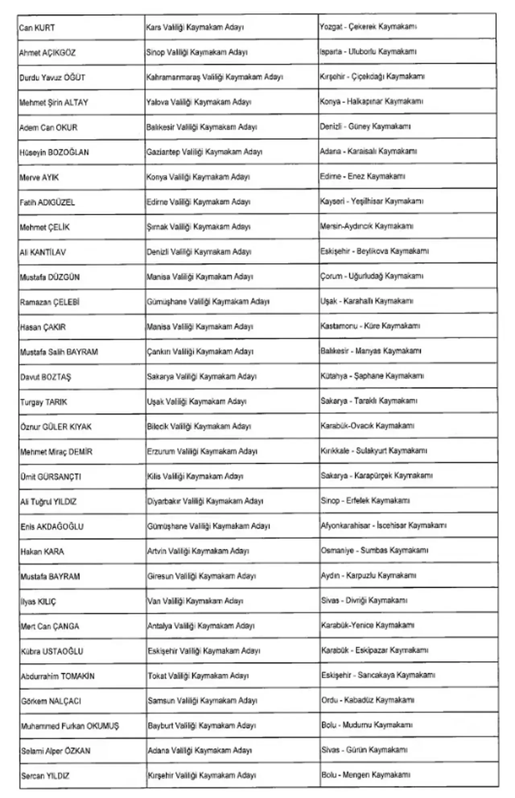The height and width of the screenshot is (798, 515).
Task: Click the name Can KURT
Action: [x=37, y=28]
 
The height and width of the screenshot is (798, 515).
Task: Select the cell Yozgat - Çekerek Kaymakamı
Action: [x=368, y=27]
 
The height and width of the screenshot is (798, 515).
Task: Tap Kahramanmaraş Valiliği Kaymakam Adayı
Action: [x=214, y=77]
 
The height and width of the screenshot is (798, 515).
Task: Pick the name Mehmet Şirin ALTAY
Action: [x=54, y=102]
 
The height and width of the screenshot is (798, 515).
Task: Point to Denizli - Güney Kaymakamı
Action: [x=365, y=127]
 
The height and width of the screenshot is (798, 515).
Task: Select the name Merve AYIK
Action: [x=39, y=177]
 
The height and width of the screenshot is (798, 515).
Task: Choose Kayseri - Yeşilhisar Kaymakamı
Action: [x=371, y=201]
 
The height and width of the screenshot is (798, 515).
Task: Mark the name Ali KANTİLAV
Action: [x=43, y=252]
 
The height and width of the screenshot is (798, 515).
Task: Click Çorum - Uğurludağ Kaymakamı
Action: [x=371, y=276]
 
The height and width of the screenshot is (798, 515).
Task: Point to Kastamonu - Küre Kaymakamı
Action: [x=370, y=326]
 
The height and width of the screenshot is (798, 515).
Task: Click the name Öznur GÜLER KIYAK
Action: [x=56, y=427]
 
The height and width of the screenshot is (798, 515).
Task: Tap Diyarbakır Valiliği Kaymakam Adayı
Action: [x=205, y=501]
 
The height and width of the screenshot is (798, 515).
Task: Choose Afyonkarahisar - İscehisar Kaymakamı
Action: [x=383, y=526]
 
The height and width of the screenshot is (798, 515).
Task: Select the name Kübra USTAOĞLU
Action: [x=52, y=651]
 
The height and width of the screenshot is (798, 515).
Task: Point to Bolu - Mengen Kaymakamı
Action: [x=365, y=775]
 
